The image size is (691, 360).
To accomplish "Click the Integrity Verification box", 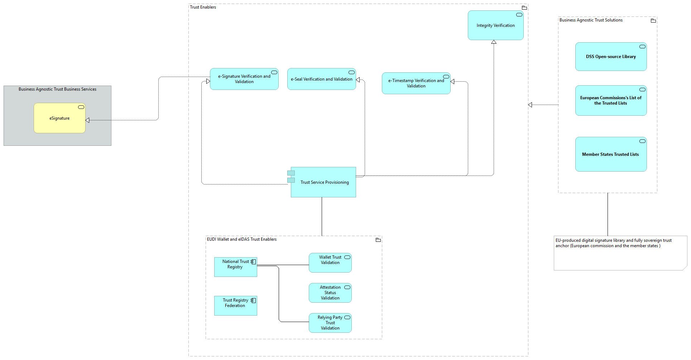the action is click(495, 25).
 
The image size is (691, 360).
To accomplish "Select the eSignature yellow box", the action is click(59, 118).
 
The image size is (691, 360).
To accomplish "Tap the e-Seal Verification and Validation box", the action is click(321, 79).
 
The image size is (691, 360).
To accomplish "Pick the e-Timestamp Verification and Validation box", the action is click(416, 83).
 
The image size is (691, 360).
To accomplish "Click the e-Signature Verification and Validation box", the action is click(244, 79).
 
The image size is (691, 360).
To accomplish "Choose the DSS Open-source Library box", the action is click(611, 57).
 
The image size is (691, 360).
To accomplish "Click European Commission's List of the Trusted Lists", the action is click(611, 100).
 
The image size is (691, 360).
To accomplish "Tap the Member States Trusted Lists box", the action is click(611, 154).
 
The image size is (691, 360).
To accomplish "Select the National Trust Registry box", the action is click(235, 267).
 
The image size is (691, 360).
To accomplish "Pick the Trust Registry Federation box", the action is click(235, 306).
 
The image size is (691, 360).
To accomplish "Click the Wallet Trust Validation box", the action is click(330, 263).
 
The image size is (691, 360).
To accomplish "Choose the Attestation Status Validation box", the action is click(330, 293).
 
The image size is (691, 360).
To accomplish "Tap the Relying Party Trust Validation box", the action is click(330, 323).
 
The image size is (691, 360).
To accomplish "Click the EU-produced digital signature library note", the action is click(620, 253).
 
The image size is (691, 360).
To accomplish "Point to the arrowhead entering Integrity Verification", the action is click(494, 42).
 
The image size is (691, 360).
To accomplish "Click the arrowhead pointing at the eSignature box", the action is click(87, 120).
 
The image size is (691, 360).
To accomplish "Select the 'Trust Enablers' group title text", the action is click(203, 7).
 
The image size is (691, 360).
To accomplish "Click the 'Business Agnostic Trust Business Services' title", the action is click(57, 89).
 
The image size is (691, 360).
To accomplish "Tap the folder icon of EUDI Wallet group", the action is click(378, 240).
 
